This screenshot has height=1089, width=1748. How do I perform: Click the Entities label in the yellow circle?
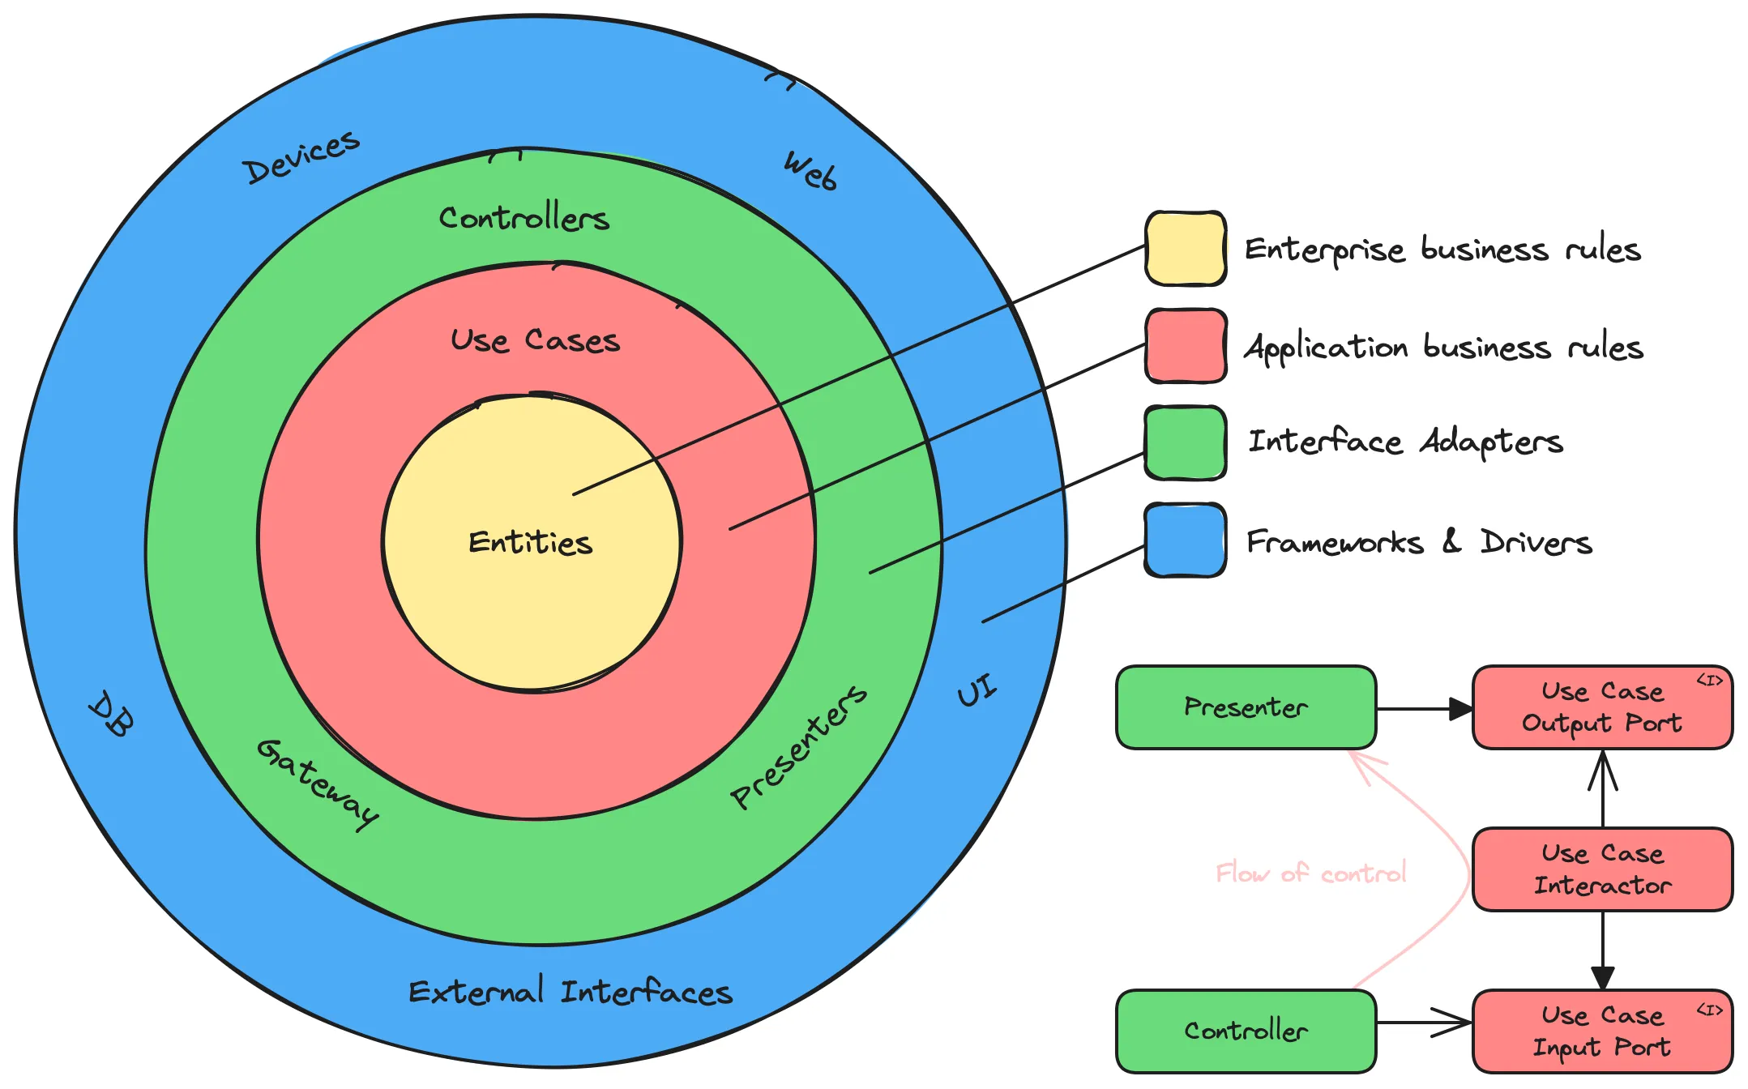[531, 542]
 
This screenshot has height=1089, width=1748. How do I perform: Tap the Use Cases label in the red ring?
[535, 340]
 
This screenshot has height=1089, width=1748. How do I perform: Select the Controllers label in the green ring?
[524, 218]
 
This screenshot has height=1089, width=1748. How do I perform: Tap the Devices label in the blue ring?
[301, 156]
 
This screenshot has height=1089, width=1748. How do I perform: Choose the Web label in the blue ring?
[810, 171]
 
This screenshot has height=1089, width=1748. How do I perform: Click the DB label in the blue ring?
[111, 714]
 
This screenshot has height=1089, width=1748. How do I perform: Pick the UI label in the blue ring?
[977, 690]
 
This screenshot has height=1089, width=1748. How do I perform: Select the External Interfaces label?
[570, 992]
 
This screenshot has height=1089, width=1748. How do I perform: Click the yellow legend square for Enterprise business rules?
[1185, 249]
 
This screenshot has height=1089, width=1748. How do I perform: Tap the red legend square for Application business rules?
[1185, 346]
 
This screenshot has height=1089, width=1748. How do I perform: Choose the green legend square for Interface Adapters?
[1185, 443]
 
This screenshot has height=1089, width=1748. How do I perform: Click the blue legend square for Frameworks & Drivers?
[1185, 540]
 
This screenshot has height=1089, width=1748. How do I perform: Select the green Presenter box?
[1246, 707]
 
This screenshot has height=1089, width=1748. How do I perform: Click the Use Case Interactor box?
[1602, 869]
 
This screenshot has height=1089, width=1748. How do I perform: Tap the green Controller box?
[1246, 1031]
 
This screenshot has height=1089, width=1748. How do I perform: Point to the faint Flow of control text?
[1310, 873]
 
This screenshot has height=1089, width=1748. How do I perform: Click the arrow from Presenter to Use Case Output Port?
[1424, 709]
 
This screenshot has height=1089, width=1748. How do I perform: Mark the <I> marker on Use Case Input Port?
[1709, 1010]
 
